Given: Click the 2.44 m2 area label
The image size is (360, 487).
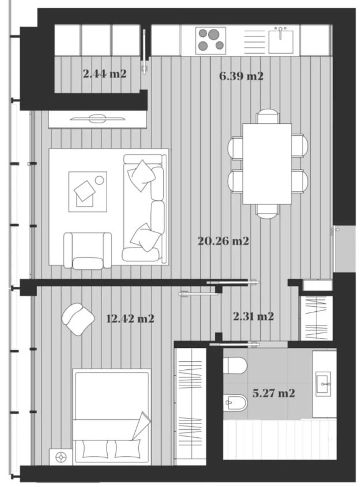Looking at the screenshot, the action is coord(105,74).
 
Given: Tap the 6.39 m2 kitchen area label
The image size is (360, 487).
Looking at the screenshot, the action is coord(241,76).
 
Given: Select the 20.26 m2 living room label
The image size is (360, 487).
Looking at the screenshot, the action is coord(224,241).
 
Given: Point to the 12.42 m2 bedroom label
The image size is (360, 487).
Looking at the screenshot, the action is coord(130,319).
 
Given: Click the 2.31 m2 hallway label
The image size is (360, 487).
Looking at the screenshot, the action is coord(253,316).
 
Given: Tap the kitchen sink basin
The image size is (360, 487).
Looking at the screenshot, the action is coord(281,42).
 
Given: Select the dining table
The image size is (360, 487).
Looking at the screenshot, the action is coord(267,164).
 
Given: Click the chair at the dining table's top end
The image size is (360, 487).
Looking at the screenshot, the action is coord(267,116).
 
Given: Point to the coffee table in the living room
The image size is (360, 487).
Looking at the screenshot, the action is coord(87,192).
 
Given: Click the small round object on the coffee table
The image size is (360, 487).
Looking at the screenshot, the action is coord(99,180).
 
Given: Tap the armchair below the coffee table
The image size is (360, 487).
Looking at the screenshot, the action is coord(87,251).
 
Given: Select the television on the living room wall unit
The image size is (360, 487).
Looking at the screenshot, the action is coord(98,119).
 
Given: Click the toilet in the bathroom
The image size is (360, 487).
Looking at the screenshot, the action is coord(235,365).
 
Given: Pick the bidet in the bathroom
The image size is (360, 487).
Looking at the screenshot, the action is coord(235,402).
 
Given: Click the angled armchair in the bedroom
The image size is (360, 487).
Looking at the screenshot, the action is coord(78,319).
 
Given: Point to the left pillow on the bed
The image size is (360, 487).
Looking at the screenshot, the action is coord(95,449).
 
